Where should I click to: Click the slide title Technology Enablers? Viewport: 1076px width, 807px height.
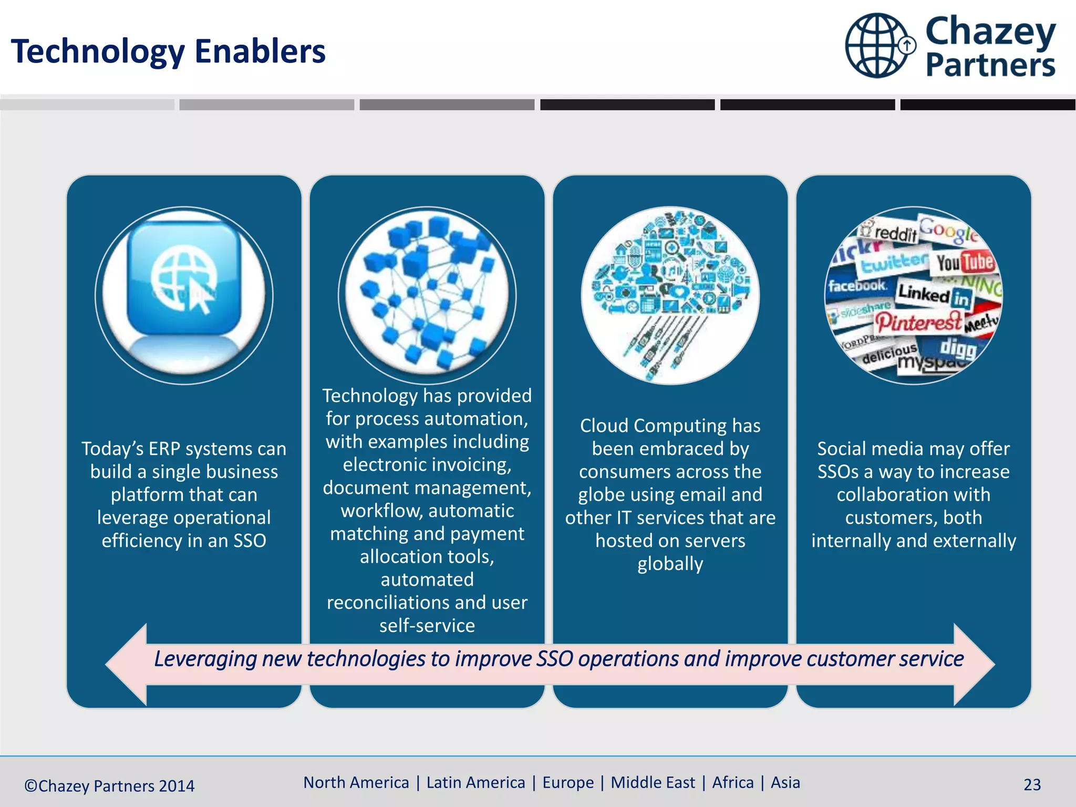coord(168,51)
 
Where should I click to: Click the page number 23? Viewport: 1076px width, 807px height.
coord(1032,784)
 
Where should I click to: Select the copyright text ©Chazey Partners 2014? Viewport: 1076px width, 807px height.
coord(109,785)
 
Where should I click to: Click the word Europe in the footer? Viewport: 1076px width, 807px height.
coord(568,782)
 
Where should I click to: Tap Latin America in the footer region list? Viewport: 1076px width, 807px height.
coord(475,782)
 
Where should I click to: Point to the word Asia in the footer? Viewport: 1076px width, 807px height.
coord(785,782)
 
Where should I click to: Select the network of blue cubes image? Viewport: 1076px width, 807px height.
coord(427,294)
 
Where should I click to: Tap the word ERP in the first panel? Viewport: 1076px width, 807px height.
coord(164,449)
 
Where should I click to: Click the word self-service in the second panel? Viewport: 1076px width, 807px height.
coord(427,625)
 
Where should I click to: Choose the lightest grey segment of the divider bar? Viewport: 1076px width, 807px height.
coord(87,105)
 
